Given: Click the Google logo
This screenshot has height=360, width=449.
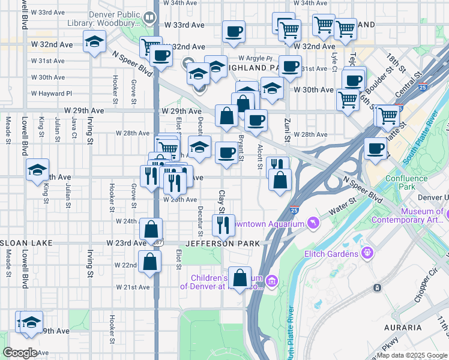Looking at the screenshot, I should click(x=20, y=353).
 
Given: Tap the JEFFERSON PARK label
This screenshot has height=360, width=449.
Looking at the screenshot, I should click(x=223, y=244).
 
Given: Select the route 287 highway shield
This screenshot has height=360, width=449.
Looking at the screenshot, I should click(x=158, y=241).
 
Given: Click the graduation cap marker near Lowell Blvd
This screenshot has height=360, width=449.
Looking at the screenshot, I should click(x=37, y=170).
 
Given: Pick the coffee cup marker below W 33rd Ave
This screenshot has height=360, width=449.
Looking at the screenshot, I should click(x=234, y=31).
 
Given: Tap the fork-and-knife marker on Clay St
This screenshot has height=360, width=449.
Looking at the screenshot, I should click(x=223, y=225).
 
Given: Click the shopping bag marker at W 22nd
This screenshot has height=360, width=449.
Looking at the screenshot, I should click(x=150, y=262).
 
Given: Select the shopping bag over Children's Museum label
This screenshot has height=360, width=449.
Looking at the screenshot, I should click(x=240, y=278).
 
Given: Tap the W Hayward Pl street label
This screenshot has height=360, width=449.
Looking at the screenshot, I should click(x=52, y=94).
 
